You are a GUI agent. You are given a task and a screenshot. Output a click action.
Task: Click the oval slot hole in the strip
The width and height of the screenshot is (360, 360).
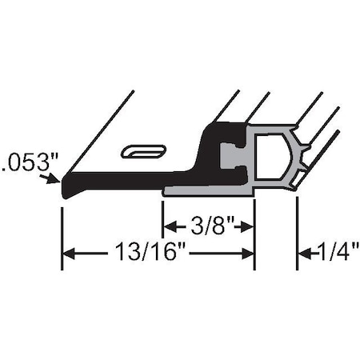coord(143,150)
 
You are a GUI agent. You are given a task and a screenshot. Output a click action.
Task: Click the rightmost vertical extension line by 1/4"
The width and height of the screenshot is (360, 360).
coord(298,232)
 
